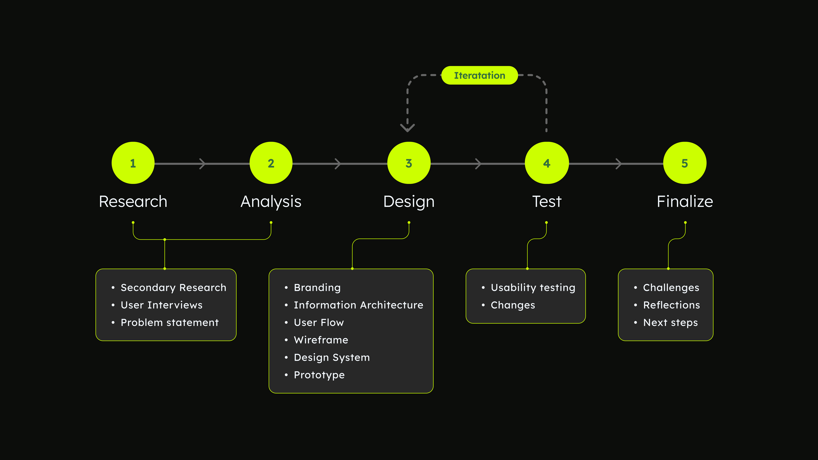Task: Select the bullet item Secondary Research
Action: point(173,288)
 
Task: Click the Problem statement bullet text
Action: point(170,323)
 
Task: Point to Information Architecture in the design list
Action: point(359,305)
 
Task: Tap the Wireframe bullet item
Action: point(321,340)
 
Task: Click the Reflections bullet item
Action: point(672,305)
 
